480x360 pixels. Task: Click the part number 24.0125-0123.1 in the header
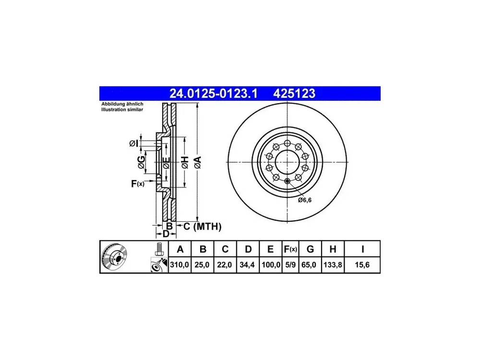(214, 94)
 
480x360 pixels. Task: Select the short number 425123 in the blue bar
(294, 94)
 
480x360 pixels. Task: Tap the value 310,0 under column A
(180, 264)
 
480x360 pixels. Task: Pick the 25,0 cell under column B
(202, 264)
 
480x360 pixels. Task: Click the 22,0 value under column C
(224, 264)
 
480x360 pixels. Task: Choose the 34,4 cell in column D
(247, 264)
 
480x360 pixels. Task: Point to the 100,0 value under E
(271, 264)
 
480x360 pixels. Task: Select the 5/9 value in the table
(290, 264)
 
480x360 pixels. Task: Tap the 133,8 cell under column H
(333, 264)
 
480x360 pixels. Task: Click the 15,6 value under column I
(362, 264)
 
